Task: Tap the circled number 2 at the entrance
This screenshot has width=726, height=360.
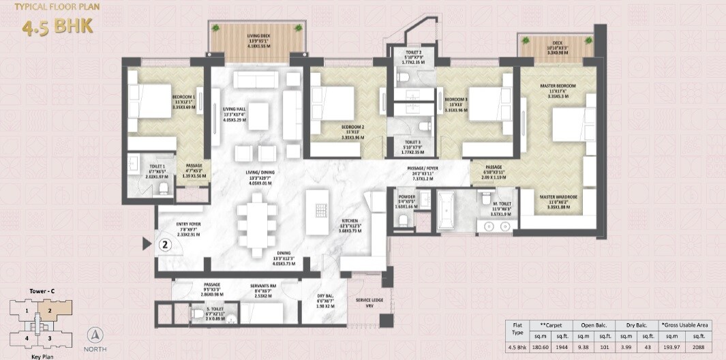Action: pos(164,243)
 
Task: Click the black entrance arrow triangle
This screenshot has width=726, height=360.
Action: pos(145,243)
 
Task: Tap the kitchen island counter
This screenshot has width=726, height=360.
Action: pos(316,208)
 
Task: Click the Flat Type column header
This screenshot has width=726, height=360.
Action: pos(517,331)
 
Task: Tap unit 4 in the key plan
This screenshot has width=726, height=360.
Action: pos(27,337)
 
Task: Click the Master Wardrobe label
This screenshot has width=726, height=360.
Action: pos(558,198)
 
